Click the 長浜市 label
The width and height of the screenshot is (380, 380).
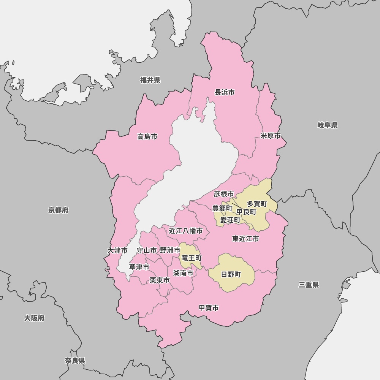click(225, 92)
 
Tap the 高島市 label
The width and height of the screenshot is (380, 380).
click(147, 136)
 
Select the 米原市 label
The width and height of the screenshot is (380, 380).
click(271, 136)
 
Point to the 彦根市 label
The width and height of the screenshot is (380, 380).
click(224, 194)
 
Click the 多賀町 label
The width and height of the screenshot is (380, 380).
click(257, 204)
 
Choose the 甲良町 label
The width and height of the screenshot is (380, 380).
click(246, 212)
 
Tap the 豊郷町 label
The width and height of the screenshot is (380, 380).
click(222, 208)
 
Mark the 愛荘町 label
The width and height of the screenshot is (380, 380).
click(230, 220)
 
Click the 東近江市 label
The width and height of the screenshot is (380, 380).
click(245, 239)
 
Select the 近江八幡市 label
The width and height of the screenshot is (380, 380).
click(185, 231)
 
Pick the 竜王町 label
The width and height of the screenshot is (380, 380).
click(192, 258)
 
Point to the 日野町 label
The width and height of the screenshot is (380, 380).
click(231, 274)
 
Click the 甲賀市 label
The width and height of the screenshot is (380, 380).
click(209, 308)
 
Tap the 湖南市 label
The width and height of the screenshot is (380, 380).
click(183, 273)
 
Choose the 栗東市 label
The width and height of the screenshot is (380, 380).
click(159, 280)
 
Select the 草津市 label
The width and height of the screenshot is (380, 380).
click(139, 267)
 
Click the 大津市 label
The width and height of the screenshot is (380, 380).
click(117, 250)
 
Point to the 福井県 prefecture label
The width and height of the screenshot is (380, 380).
click(150, 80)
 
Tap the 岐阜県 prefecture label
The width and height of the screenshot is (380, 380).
click(327, 125)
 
